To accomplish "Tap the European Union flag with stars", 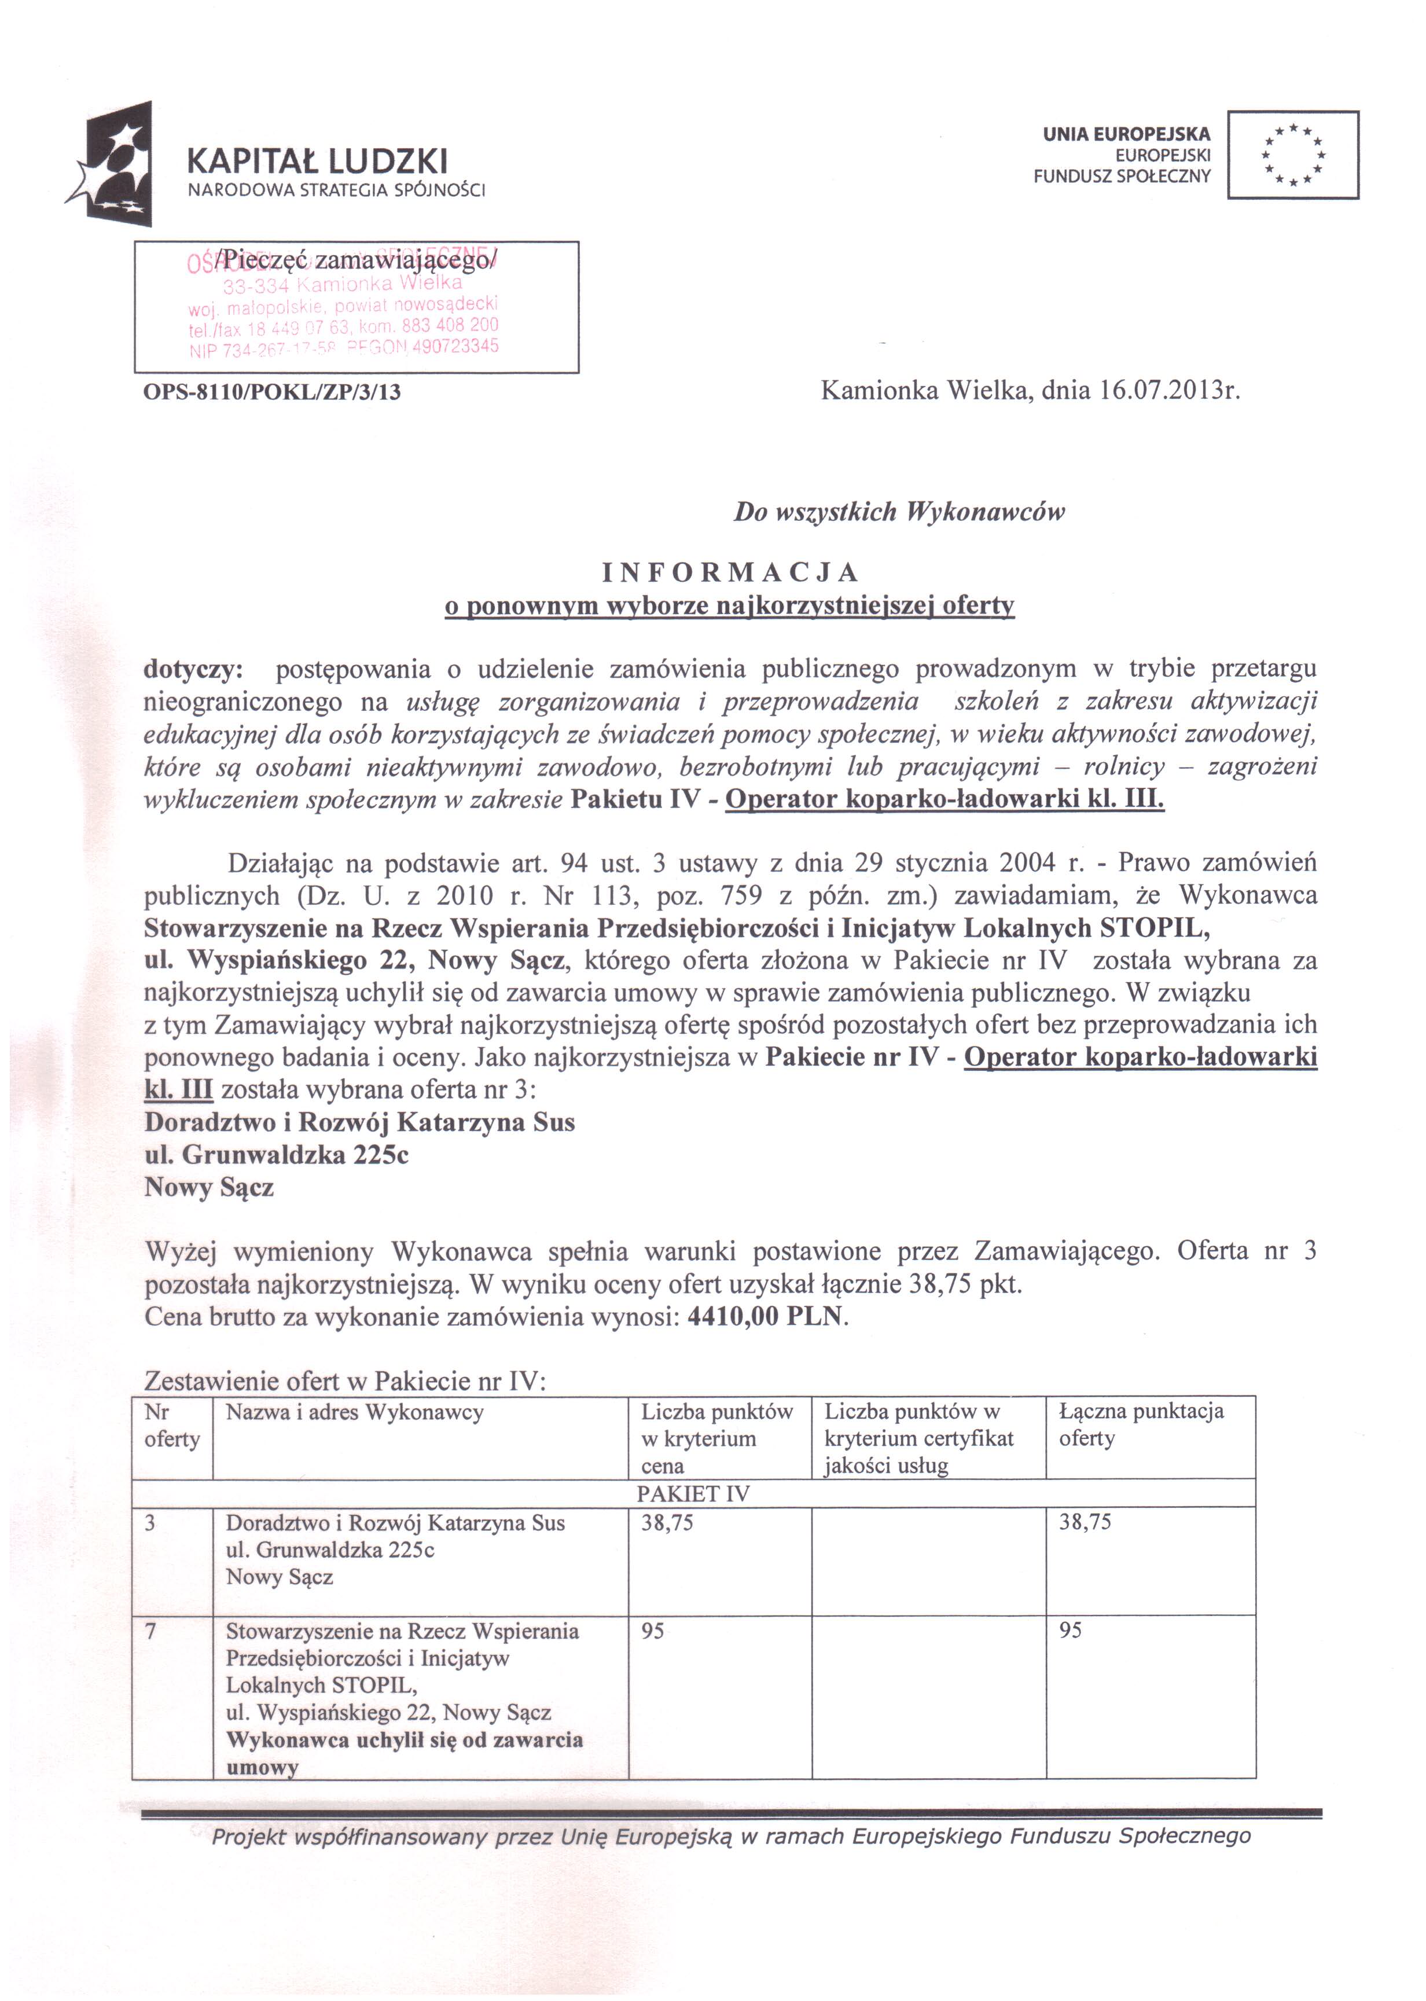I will click(1292, 155).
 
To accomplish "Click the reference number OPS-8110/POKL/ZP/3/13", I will click(271, 392).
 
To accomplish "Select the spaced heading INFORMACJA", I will click(730, 572).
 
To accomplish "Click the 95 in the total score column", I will click(1071, 1631).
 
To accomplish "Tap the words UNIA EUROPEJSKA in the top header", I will click(1127, 134).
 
